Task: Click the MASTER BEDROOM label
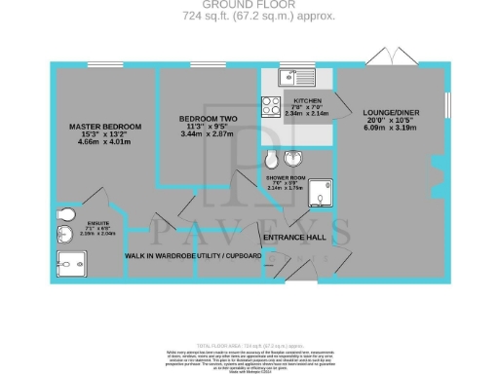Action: (105, 128)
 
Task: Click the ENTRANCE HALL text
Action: (292, 237)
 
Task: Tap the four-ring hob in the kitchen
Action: (270, 107)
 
